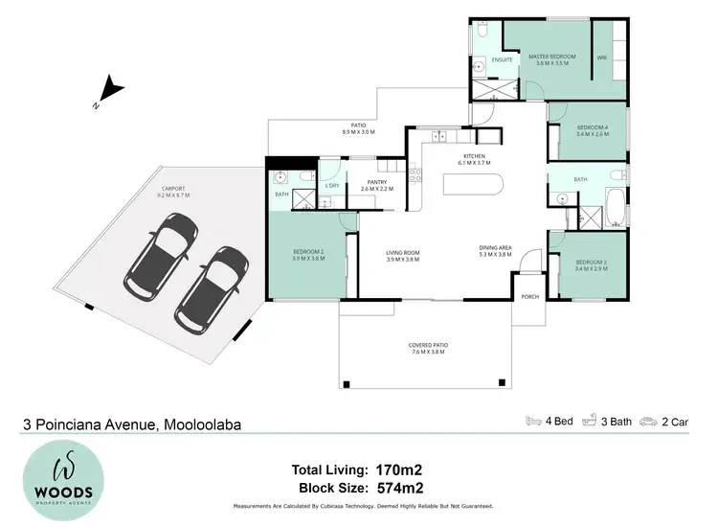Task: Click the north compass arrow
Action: (111, 92)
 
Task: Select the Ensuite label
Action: (503, 59)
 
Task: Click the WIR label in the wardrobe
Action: (602, 57)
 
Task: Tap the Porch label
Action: (529, 297)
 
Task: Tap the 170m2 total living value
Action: (400, 470)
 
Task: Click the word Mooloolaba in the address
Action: (203, 424)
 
